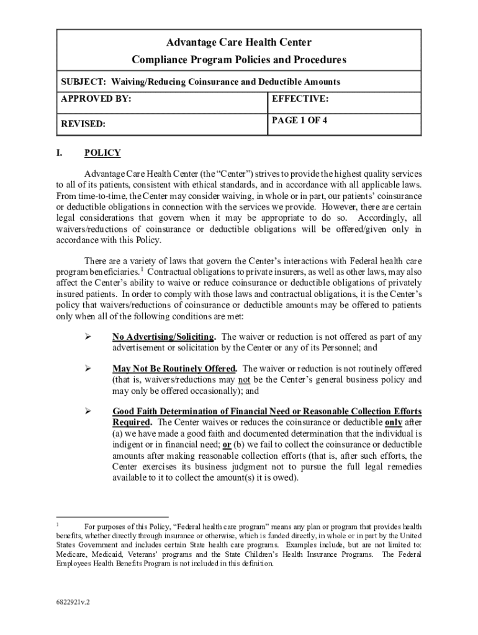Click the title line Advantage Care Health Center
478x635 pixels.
[x=239, y=43]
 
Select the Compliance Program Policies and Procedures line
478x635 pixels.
[x=239, y=60]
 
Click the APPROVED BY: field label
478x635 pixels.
[x=96, y=99]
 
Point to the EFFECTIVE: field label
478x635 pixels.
[x=300, y=99]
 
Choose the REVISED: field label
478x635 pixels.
[x=83, y=124]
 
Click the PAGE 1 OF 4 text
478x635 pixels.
[x=299, y=121]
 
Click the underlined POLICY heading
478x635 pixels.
[x=102, y=153]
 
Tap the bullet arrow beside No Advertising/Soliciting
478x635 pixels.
[x=88, y=337]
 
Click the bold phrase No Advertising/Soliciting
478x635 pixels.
[x=164, y=337]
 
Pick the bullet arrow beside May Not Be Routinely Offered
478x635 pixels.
[x=88, y=368]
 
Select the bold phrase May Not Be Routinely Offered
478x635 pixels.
[x=174, y=368]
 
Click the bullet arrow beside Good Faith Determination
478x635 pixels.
[x=88, y=411]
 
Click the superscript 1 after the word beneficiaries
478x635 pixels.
[x=142, y=270]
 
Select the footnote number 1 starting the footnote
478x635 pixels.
[x=58, y=524]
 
